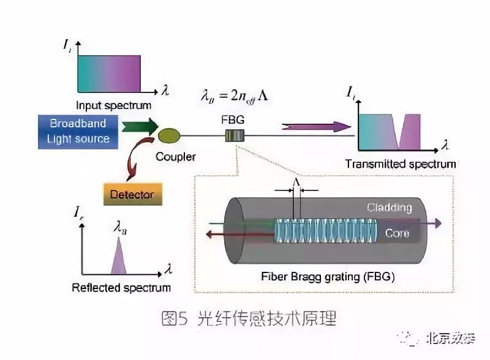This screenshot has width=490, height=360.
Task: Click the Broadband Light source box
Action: point(78,130)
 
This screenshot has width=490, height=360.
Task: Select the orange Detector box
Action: point(132,195)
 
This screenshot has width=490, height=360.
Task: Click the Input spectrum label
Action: point(113,105)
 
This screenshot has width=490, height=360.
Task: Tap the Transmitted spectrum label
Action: point(400,164)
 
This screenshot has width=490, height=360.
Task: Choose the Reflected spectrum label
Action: point(121,288)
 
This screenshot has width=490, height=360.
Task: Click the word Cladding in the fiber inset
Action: point(389,208)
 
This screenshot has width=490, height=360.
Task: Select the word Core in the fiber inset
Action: point(396,233)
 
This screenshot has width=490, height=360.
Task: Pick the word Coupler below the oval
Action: point(175,157)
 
